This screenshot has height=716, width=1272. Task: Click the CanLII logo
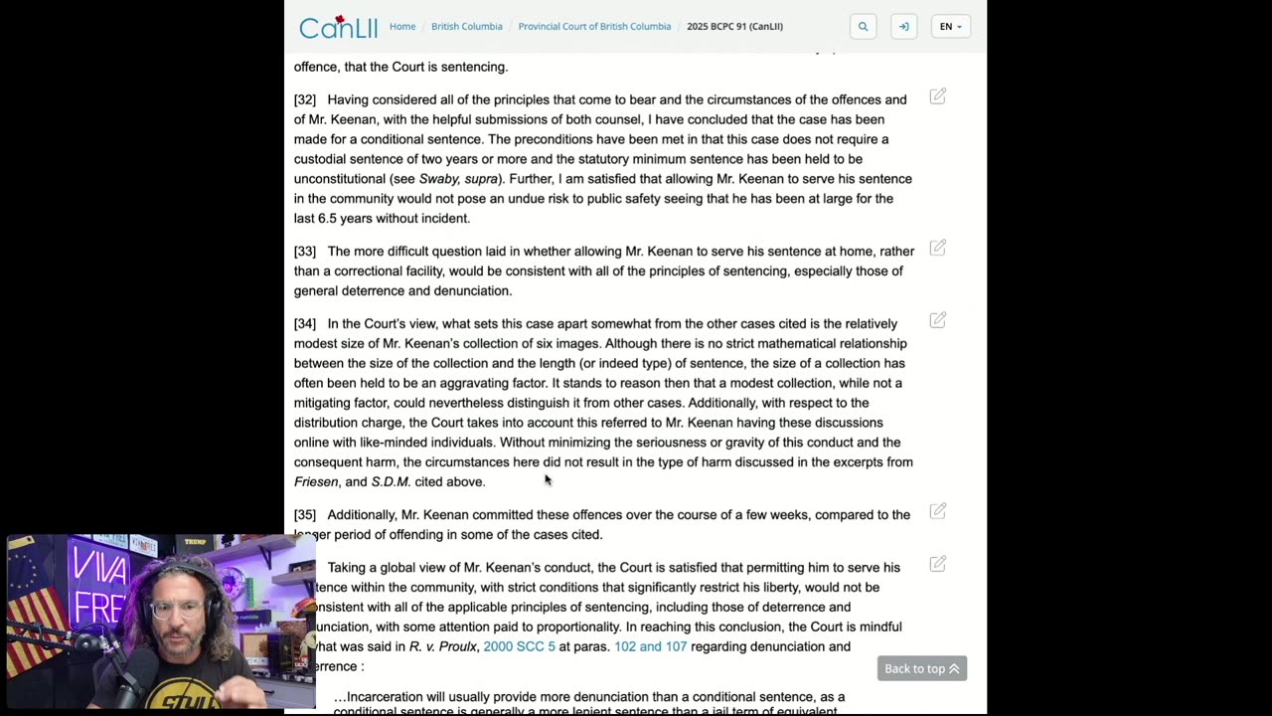click(338, 27)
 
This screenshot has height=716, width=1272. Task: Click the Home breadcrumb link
click(402, 26)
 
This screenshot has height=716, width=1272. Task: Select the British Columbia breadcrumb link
click(466, 26)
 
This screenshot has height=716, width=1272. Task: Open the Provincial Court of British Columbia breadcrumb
click(594, 26)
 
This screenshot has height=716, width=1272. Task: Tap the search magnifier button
click(863, 27)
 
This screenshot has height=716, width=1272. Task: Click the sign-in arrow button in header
click(903, 27)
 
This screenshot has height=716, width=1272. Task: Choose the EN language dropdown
click(950, 27)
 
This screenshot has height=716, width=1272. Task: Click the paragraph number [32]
click(305, 99)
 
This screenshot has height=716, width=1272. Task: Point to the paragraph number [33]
click(305, 252)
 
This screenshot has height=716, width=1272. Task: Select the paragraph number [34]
click(305, 324)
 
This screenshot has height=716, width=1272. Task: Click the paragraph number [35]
click(305, 515)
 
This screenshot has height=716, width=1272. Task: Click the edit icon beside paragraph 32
click(937, 96)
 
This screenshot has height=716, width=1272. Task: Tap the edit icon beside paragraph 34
click(937, 320)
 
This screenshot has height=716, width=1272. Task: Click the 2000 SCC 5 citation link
click(519, 646)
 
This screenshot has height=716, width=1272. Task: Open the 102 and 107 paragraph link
click(650, 646)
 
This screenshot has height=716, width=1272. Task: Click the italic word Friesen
click(316, 482)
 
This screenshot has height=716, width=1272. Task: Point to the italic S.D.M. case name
click(391, 482)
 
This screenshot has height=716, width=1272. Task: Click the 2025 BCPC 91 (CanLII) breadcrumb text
click(734, 26)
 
